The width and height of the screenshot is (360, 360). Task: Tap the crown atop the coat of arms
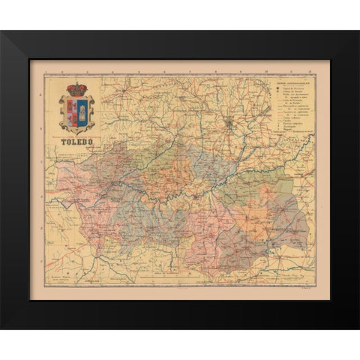[76, 89]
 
